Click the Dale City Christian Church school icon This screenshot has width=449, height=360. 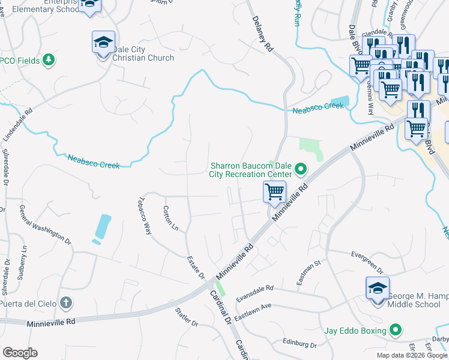coord(103,43)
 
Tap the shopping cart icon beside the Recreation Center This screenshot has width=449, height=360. coord(274,193)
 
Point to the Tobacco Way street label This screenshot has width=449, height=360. coord(144,215)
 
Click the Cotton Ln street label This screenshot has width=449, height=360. coord(171,218)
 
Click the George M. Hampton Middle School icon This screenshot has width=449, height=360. coord(378,289)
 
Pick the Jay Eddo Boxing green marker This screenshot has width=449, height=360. coord(395,329)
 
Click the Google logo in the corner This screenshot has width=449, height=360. coord(20,352)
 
